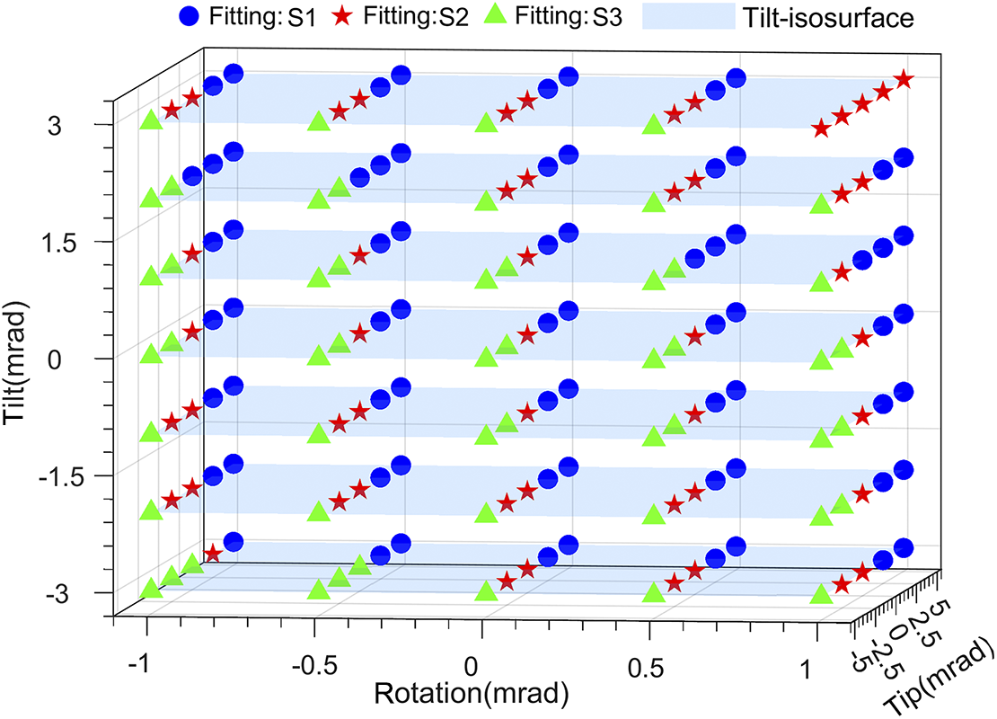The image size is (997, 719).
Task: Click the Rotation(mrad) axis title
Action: coord(472,693)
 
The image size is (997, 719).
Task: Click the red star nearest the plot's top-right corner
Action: coord(904,80)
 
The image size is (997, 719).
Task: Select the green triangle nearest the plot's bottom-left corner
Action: coord(151,588)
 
